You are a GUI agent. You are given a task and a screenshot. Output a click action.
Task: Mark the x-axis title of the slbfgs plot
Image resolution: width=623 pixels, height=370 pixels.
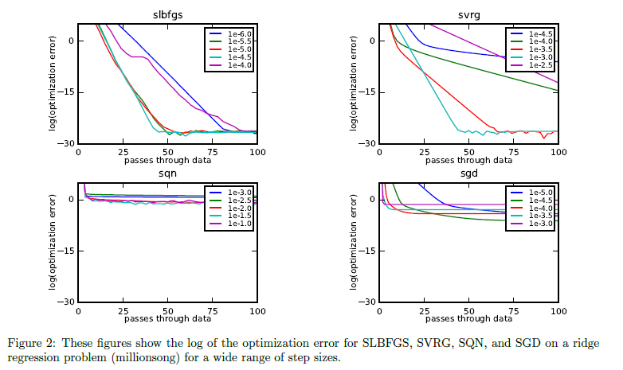click(167, 160)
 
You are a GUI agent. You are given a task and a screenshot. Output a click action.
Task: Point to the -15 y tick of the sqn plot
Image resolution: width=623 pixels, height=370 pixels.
click(67, 251)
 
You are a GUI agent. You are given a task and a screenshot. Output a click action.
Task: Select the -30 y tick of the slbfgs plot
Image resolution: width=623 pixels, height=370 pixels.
click(67, 143)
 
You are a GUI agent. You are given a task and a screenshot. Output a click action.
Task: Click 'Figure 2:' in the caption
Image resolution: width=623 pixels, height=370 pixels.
click(31, 344)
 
